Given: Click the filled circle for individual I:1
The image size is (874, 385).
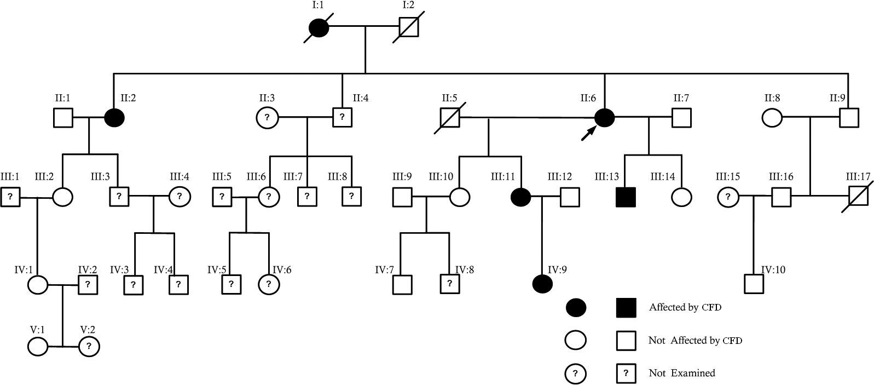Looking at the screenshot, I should [319, 27].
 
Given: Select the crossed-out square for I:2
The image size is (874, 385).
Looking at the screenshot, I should [409, 27].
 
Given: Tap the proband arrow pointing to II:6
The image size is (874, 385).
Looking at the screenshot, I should [588, 133].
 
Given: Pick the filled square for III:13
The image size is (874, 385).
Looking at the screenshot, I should [626, 197].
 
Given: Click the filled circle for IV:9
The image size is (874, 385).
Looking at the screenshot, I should [542, 284].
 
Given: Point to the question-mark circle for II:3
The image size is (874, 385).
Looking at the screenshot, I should [267, 118].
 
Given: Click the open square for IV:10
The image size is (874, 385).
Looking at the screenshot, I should [754, 284].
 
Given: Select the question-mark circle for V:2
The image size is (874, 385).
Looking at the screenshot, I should [89, 347].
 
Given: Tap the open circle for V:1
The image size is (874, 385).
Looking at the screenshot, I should [38, 347].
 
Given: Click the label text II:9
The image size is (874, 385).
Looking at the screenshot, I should [837, 98].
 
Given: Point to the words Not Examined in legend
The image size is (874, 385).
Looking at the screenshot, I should [682, 373].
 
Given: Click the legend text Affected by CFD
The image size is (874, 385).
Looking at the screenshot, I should [685, 307].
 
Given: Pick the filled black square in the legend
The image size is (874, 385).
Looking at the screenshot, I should [626, 308].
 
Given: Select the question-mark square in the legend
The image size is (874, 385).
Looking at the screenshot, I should [626, 373].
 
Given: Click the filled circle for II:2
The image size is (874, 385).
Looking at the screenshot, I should [114, 118].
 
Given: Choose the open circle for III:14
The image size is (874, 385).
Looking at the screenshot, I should [681, 197].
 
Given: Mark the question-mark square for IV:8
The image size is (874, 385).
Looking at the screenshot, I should [449, 284].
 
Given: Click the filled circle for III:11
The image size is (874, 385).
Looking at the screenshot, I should [520, 197].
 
